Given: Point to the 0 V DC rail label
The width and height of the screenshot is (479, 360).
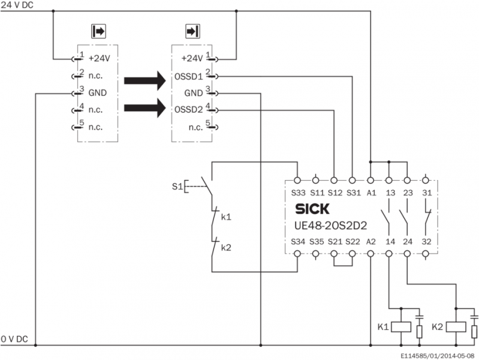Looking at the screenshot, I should (14, 339).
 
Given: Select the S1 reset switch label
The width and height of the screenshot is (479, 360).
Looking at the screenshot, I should (176, 186).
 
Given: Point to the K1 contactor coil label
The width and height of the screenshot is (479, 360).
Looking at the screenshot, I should (383, 327).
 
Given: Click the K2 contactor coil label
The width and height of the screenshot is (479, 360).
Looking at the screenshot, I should (437, 327).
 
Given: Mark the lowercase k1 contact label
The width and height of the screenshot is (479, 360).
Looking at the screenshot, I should (226, 216).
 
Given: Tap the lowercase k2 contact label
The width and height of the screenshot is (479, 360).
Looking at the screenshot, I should (226, 247).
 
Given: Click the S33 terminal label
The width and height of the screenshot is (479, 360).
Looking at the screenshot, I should (297, 193).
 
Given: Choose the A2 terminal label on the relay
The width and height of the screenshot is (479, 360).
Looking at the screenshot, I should (370, 241).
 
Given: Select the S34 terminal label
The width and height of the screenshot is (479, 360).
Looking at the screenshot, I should (297, 241).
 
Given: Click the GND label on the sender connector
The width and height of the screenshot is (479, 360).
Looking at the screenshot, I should (98, 92).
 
